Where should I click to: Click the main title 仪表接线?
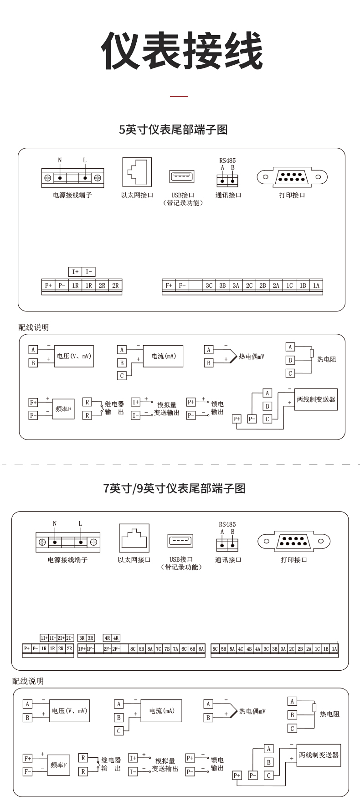pyautogui.click(x=181, y=51)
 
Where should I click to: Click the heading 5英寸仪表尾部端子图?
pyautogui.click(x=173, y=130)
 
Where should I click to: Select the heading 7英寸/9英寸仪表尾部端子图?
pyautogui.click(x=175, y=489)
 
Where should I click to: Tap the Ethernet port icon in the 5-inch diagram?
pyautogui.click(x=137, y=172)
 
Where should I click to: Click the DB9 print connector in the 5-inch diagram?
pyautogui.click(x=292, y=176)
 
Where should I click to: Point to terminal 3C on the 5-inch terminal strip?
pyautogui.click(x=209, y=286)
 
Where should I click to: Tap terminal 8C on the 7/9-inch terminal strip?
pyautogui.click(x=133, y=649)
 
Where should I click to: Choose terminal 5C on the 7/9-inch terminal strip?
pyautogui.click(x=215, y=649)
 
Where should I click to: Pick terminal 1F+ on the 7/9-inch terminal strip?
pyautogui.click(x=82, y=649)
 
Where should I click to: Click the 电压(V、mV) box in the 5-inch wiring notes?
pyautogui.click(x=74, y=356)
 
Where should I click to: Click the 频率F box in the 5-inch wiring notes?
pyautogui.click(x=63, y=409)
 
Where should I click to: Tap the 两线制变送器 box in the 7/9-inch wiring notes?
pyautogui.click(x=319, y=755)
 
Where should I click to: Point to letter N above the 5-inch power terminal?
pyautogui.click(x=60, y=160)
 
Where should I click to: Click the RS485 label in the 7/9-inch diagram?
pyautogui.click(x=227, y=524)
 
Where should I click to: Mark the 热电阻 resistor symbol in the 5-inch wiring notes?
pyautogui.click(x=312, y=353)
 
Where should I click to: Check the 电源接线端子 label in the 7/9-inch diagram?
pyautogui.click(x=67, y=560)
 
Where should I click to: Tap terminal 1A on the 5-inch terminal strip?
pyautogui.click(x=316, y=286)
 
